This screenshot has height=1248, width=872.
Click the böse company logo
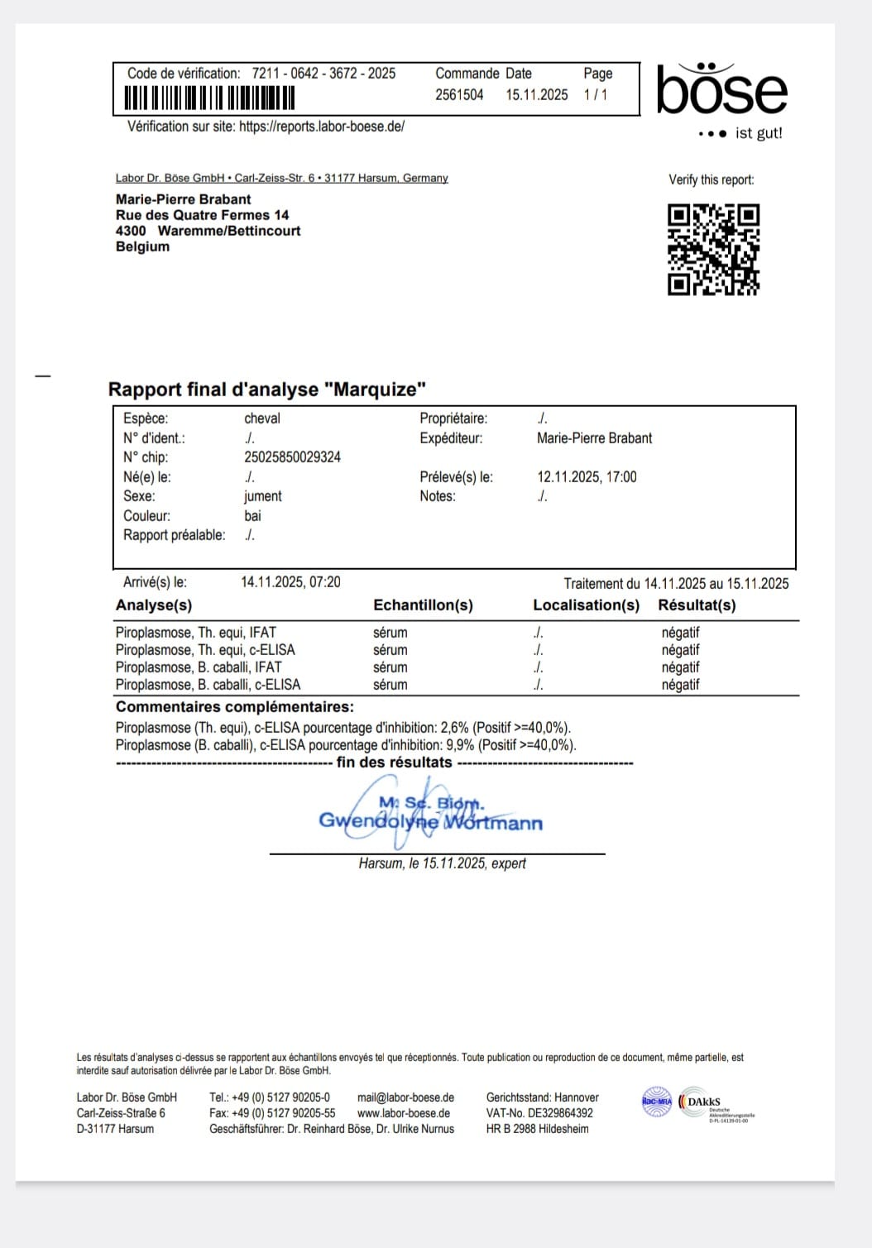721,91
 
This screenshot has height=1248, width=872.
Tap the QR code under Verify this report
713,250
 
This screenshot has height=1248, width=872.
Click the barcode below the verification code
209,98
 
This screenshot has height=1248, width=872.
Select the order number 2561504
459,95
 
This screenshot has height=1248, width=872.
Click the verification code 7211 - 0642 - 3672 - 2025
323,74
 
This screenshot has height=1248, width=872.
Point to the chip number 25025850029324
292,457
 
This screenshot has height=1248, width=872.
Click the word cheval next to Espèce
262,418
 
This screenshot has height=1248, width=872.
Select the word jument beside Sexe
262,496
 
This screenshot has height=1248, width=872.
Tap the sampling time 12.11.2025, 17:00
587,477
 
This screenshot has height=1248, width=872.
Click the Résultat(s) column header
697,605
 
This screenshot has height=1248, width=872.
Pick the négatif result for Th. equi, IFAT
680,633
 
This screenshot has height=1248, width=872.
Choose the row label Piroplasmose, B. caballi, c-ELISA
208,685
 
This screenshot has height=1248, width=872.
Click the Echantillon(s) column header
423,605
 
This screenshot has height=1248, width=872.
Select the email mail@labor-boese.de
405,1097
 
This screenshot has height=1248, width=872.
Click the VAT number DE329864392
560,1113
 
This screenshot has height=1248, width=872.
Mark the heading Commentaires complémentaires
234,707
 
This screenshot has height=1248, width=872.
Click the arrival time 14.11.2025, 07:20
290,582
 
